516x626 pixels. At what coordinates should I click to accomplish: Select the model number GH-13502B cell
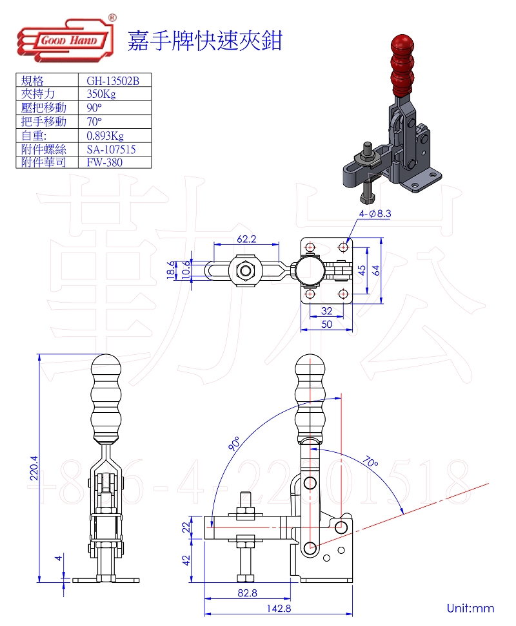[113, 81]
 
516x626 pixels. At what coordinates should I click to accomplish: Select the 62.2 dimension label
[246, 238]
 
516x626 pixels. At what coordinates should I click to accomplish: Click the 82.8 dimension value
[246, 593]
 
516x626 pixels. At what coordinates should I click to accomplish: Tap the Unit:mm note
[470, 607]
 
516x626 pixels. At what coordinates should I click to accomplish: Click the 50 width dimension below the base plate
[327, 324]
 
